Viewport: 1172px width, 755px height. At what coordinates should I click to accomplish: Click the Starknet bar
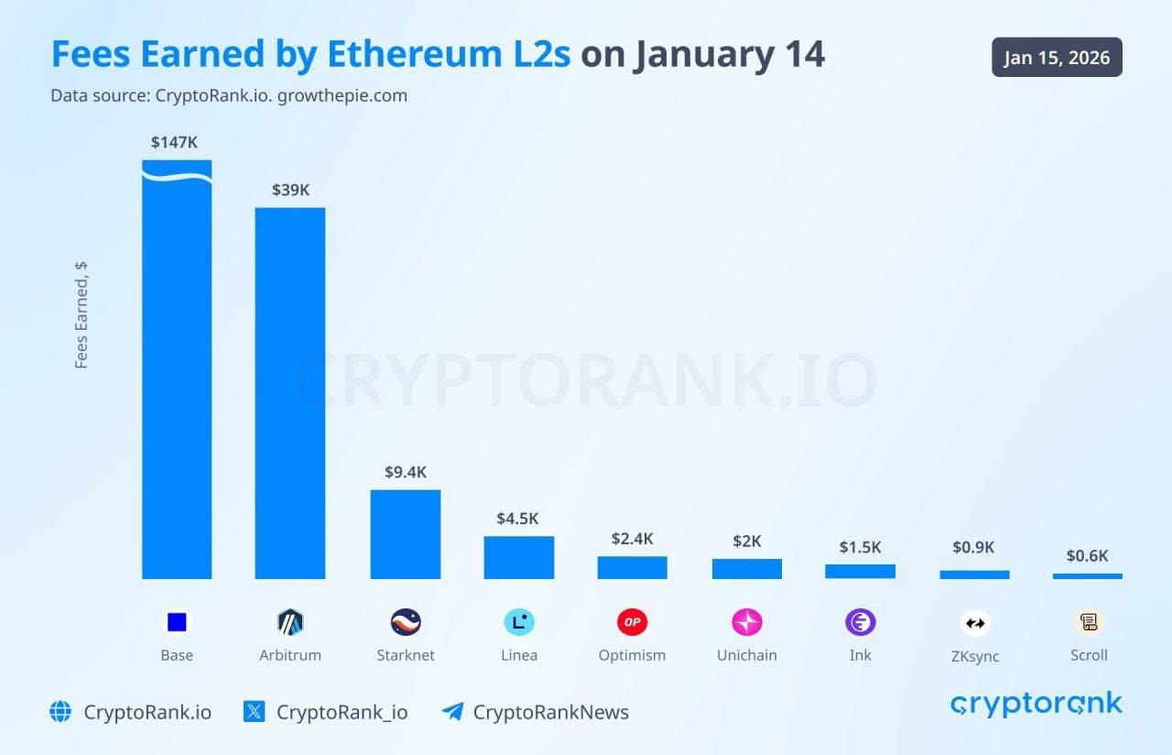(x=405, y=534)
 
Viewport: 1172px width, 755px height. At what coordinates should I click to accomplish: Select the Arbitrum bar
(x=289, y=394)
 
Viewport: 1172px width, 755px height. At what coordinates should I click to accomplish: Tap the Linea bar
(x=518, y=557)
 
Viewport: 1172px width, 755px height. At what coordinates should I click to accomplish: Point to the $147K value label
(x=174, y=142)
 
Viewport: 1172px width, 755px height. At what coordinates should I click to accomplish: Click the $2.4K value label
(x=632, y=539)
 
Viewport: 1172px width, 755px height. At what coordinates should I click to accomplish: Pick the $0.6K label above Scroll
(x=1087, y=555)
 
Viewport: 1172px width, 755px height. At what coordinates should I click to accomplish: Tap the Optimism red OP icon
(x=632, y=623)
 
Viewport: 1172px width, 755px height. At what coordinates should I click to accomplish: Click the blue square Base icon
(x=177, y=623)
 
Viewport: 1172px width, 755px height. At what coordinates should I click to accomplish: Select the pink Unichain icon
(x=746, y=623)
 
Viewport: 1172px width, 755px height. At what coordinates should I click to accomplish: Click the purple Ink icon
(x=860, y=623)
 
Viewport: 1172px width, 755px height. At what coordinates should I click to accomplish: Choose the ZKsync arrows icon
(x=974, y=624)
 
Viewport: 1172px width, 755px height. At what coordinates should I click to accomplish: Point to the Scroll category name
(x=1089, y=655)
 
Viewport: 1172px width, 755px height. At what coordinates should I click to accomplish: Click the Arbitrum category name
(x=289, y=655)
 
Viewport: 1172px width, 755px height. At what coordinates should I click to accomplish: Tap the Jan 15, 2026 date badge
(x=1057, y=58)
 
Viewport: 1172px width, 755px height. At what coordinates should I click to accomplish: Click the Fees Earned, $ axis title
(x=81, y=315)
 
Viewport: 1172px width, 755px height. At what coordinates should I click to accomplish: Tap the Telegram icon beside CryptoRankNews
(x=451, y=712)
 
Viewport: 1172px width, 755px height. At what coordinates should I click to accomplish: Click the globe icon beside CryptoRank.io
(x=60, y=712)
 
